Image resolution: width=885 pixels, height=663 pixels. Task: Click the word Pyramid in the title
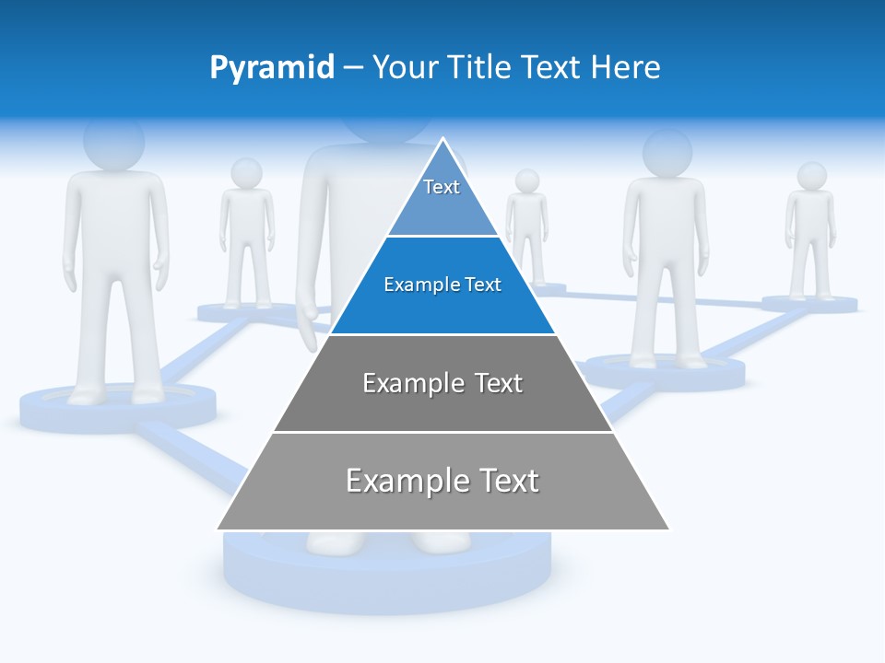(x=272, y=68)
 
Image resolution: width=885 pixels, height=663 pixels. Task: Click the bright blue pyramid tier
(x=442, y=285)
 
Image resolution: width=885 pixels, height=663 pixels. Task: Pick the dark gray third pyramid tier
(x=442, y=383)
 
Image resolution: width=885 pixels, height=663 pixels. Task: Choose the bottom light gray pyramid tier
(x=442, y=481)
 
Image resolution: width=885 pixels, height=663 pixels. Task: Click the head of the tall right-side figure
(x=667, y=152)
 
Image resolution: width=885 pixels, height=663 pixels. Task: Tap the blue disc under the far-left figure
(x=118, y=407)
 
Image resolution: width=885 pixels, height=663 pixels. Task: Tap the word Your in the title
(x=405, y=68)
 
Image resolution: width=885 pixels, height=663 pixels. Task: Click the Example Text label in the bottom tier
(x=442, y=481)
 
